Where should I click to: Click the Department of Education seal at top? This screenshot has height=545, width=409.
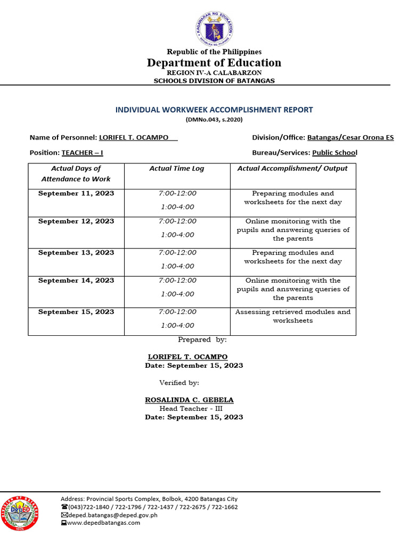[214, 28]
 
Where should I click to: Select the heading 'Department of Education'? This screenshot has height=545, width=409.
[214, 63]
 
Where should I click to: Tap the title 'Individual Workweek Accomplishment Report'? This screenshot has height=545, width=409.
[214, 110]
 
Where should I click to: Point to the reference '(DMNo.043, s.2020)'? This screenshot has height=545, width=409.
[214, 120]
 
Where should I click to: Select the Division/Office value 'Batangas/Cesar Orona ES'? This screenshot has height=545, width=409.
[350, 138]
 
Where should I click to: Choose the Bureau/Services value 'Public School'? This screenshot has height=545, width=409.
[334, 153]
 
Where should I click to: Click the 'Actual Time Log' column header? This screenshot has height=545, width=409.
[177, 169]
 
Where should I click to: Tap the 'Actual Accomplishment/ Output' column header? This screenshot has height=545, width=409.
[292, 169]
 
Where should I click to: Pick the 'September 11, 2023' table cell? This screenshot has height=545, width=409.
[76, 194]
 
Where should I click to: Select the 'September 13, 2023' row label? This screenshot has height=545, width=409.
[76, 253]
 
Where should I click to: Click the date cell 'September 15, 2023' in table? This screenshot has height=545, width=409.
[76, 312]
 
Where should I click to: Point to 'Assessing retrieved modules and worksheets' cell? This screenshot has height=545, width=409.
[293, 316]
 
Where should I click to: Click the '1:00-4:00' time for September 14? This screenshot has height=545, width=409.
[177, 294]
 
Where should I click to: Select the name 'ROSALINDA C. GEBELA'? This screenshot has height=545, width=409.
[189, 400]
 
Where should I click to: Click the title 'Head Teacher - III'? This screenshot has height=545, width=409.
[191, 409]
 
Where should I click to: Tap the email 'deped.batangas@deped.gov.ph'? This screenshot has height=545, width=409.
[112, 515]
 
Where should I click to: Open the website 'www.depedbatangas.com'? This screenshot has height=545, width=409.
[103, 523]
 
